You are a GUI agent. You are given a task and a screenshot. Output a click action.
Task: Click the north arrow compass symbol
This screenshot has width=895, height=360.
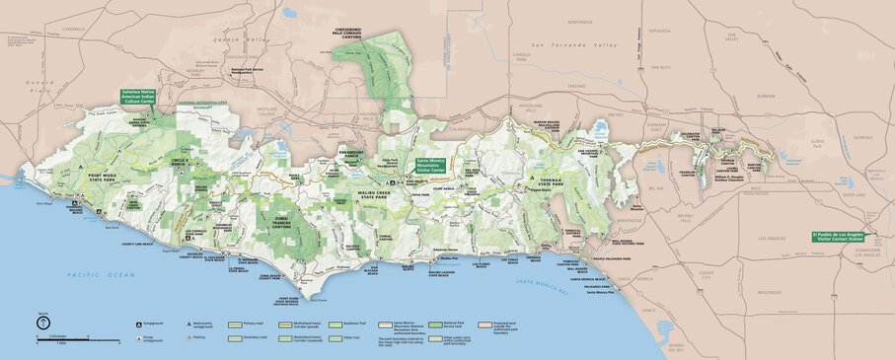click(x=42, y=323)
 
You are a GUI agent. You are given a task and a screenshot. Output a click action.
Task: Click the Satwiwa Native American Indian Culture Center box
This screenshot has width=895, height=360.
click(x=138, y=96)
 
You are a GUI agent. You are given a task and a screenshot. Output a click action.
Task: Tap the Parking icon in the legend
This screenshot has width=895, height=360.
click(x=188, y=335)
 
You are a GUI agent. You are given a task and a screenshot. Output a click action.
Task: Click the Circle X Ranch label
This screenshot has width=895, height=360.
click(x=179, y=160)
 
